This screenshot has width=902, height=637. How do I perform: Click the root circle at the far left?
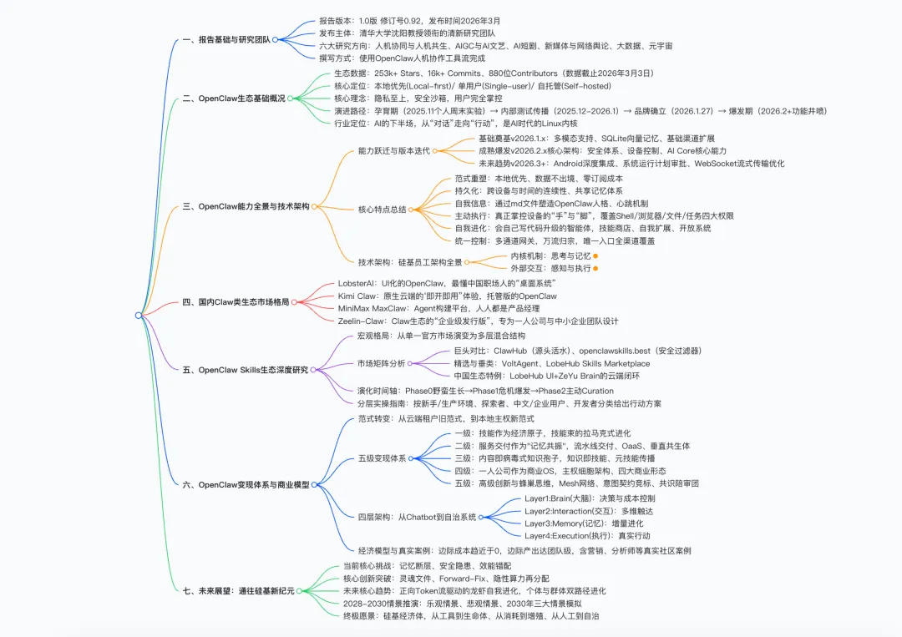139,315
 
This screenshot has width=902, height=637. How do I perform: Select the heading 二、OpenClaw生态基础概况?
234,99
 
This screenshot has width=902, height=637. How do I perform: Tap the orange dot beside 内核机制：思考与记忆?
595,255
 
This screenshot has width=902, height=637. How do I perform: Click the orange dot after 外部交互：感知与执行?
595,268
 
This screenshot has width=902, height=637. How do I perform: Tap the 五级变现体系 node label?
382,458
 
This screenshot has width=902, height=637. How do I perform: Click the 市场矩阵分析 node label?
382,363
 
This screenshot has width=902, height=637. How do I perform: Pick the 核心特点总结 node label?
382,210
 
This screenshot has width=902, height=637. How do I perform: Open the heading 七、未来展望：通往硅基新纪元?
239,591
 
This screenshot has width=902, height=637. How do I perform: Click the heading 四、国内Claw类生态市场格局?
236,302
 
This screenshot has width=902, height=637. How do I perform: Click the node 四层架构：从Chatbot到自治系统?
417,517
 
